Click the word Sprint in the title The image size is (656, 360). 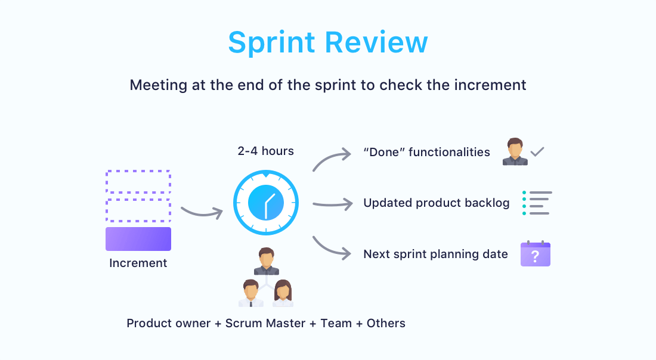(271, 43)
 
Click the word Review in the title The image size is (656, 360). (376, 42)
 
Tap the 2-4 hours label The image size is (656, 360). (265, 151)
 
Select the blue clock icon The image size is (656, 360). (266, 203)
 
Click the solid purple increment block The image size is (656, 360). (138, 239)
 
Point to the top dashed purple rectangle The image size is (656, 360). (138, 171)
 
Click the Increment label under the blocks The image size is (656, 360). (138, 263)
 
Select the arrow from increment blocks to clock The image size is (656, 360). (202, 213)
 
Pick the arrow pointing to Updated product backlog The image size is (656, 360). (333, 204)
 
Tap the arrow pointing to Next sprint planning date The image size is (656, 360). (329, 249)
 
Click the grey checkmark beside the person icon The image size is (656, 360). (537, 152)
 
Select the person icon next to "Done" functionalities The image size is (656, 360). (515, 151)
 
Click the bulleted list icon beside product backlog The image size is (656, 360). (537, 203)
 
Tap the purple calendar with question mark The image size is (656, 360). (536, 254)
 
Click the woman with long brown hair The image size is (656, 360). (283, 293)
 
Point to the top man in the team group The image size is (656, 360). (266, 261)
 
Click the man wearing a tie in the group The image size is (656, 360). (250, 293)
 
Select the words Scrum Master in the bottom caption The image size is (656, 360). (265, 323)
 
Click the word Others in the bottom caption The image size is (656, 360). (386, 323)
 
